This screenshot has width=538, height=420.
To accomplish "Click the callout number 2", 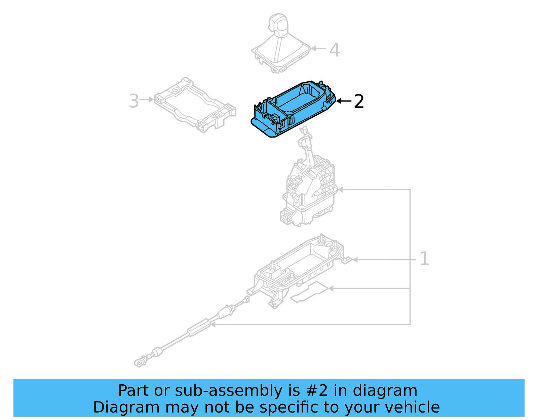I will coord(359,101).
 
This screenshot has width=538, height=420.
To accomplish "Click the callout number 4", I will coord(334,50).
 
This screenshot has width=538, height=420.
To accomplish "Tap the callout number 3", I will coord(133,101).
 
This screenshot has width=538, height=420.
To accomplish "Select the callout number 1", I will coord(424,259).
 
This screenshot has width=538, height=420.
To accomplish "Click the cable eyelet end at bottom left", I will coord(139,362).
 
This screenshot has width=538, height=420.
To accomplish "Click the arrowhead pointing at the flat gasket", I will coord(331,289).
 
